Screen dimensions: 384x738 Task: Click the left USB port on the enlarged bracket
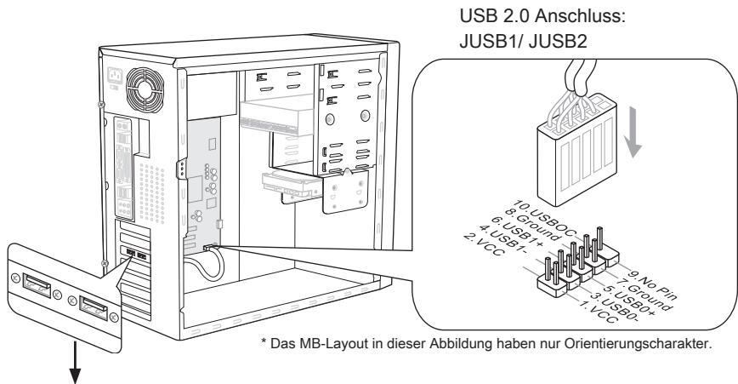point(37,284)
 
